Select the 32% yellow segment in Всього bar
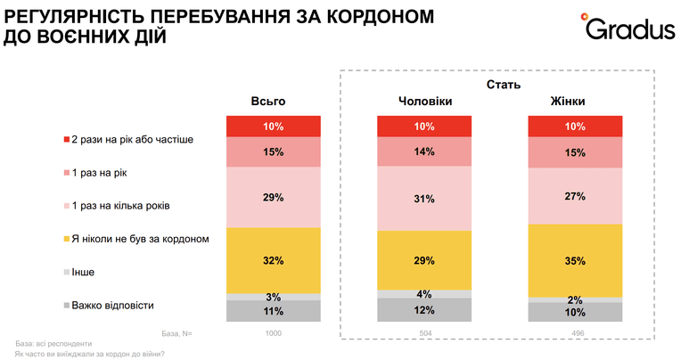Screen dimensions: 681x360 (x=274, y=260)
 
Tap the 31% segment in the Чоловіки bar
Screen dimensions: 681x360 (x=424, y=199)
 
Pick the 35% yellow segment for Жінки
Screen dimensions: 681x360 (x=575, y=260)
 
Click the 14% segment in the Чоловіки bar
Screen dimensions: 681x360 (x=424, y=151)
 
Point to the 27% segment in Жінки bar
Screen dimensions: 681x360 (x=575, y=196)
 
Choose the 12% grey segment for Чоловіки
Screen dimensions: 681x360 (x=424, y=310)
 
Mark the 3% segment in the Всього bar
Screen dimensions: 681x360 (x=274, y=297)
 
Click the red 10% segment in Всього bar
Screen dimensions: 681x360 (x=274, y=127)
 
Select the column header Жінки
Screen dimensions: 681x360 (x=568, y=102)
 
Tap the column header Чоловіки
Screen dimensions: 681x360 (x=425, y=102)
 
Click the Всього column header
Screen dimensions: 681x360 (x=268, y=102)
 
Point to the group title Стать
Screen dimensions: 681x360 (x=504, y=85)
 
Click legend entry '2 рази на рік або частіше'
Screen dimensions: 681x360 (x=128, y=139)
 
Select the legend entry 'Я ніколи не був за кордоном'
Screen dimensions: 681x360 (x=136, y=239)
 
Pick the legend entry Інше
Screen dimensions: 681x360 (x=79, y=273)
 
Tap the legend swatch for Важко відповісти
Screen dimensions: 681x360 (x=67, y=306)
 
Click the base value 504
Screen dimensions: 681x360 (x=426, y=333)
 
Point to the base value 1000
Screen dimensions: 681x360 (x=273, y=333)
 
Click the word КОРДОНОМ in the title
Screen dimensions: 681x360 (x=381, y=16)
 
